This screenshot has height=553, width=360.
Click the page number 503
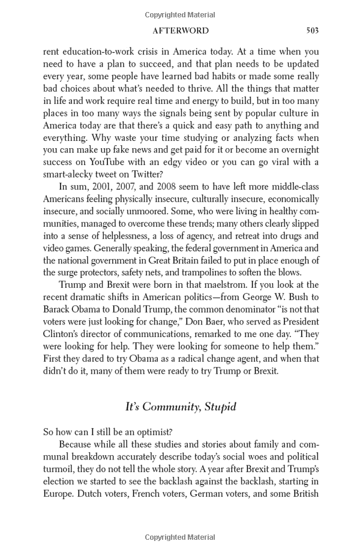coord(311,31)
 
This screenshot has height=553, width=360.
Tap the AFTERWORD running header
coord(181,31)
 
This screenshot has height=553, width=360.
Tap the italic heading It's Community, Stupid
coord(181,407)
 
